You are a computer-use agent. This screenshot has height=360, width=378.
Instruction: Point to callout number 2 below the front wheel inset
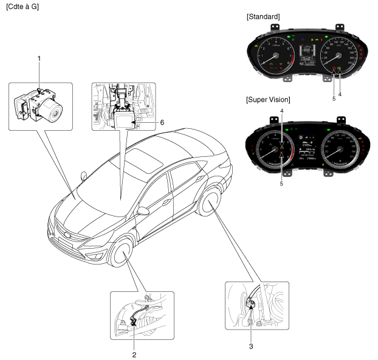pos(134,353)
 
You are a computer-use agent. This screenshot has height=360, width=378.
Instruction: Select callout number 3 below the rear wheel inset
pos(250,348)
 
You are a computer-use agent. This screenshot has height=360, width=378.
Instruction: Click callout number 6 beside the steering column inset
pos(162,122)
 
